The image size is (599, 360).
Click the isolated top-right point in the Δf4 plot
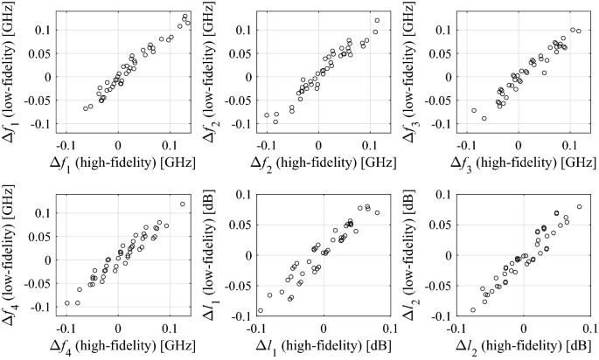pyautogui.click(x=183, y=204)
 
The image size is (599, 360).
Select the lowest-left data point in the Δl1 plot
pyautogui.click(x=260, y=310)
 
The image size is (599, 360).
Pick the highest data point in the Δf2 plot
pyautogui.click(x=377, y=20)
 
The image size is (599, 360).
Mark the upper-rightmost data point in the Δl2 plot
pyautogui.click(x=579, y=207)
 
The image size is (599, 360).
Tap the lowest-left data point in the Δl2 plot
pyautogui.click(x=473, y=309)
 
